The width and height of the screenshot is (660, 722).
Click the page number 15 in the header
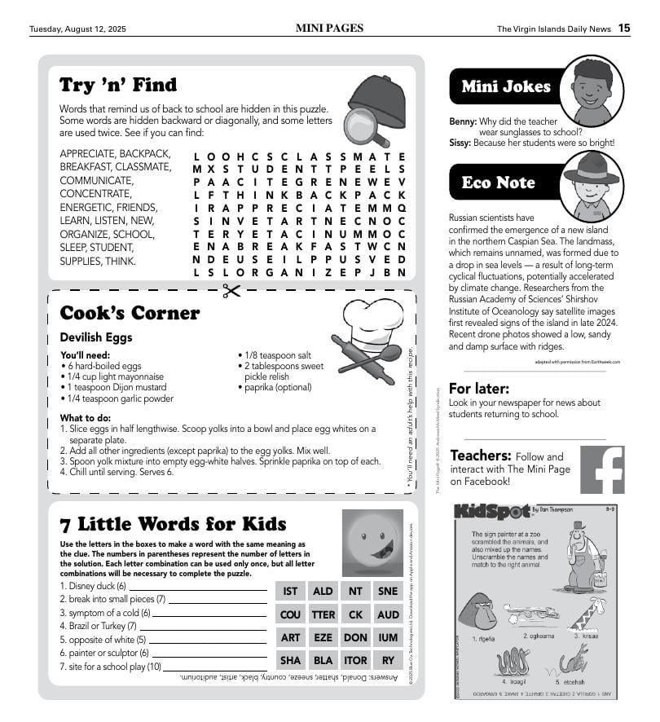coord(623,29)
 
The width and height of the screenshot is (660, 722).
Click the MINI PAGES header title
coord(329,29)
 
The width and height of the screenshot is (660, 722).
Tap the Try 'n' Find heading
coord(118,85)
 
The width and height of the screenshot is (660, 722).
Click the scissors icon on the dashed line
coord(232,291)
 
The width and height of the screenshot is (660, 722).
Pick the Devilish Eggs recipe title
coord(96,337)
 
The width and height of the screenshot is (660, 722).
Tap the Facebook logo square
coord(602,469)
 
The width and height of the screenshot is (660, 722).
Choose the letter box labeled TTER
coord(323,614)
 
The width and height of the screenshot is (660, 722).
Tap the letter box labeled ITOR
coord(356,660)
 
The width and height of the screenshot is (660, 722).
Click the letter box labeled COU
coord(291,614)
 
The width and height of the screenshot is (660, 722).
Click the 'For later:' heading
coord(479,389)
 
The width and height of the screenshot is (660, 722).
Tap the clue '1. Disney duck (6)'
coord(93,586)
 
